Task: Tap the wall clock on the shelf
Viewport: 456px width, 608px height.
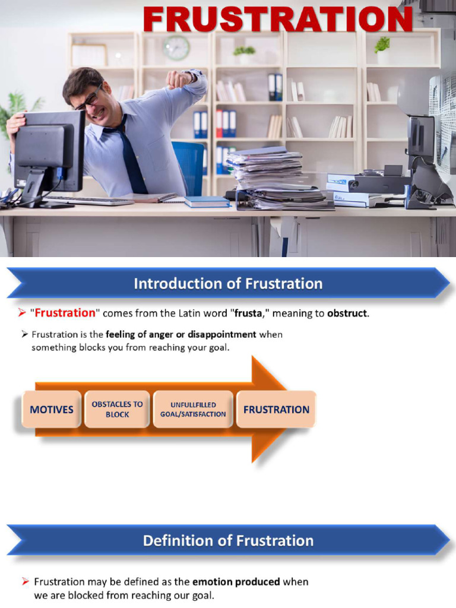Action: (x=176, y=47)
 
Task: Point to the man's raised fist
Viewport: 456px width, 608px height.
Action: (x=177, y=79)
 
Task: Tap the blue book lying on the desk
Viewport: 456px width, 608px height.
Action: (x=207, y=202)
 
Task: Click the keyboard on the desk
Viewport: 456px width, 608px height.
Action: (x=89, y=201)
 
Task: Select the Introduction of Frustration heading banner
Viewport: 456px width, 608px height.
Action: (x=228, y=283)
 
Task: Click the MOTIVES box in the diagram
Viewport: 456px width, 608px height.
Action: (x=52, y=409)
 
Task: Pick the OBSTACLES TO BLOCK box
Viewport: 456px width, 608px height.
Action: (x=117, y=409)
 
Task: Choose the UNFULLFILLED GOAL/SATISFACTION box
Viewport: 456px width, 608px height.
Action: (x=193, y=409)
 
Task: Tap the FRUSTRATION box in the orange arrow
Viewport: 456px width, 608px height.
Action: (x=276, y=409)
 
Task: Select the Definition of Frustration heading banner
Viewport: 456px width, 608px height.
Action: (x=228, y=540)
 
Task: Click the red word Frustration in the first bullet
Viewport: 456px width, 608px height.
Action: (x=65, y=313)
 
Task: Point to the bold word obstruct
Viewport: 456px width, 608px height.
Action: (x=347, y=313)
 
